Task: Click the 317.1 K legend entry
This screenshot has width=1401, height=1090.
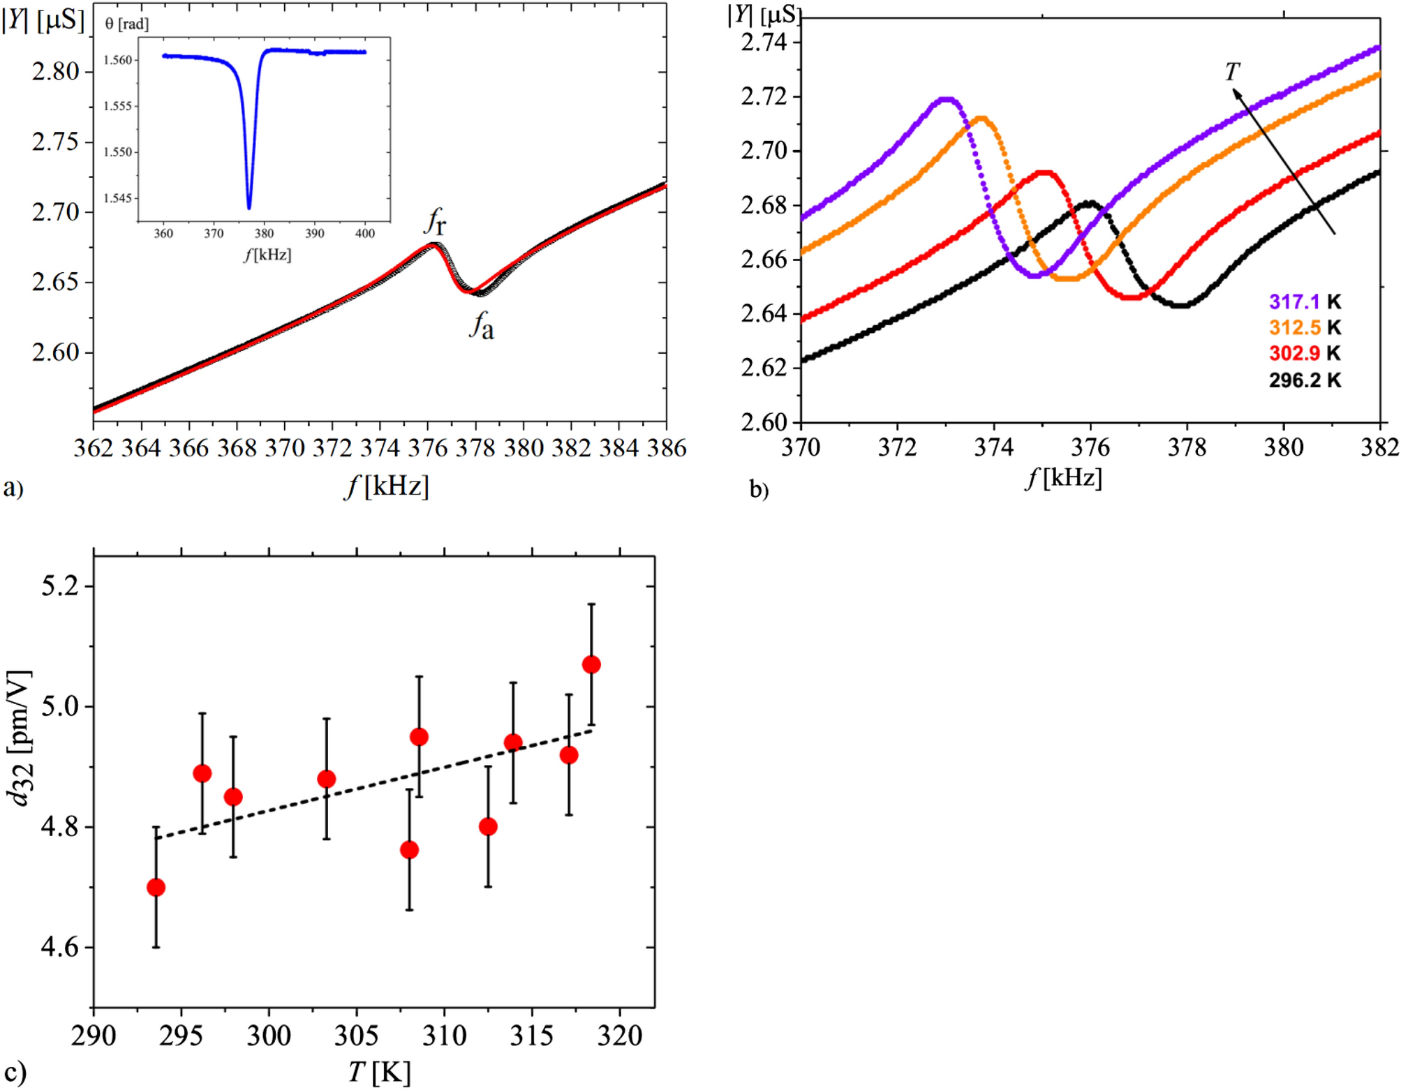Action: click(x=1304, y=301)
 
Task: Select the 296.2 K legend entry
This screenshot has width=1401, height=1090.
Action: click(x=1304, y=380)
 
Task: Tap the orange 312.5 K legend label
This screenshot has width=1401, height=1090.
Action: click(x=1304, y=327)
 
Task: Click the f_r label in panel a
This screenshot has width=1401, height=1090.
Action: click(x=435, y=222)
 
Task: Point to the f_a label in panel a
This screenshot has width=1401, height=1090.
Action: click(x=482, y=325)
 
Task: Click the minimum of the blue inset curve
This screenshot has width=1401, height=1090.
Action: click(x=249, y=207)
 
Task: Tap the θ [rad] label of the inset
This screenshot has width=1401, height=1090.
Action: click(x=126, y=24)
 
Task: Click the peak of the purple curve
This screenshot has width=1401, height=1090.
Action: click(x=946, y=99)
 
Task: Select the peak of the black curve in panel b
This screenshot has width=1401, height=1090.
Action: click(x=1089, y=203)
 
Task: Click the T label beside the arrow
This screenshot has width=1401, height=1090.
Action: click(x=1231, y=71)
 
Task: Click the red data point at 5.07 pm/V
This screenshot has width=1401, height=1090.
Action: click(x=591, y=664)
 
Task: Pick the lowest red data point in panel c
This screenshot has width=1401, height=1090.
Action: click(x=156, y=887)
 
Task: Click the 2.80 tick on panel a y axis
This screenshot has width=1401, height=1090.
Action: click(x=55, y=71)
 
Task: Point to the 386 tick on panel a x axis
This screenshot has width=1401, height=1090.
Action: click(x=666, y=447)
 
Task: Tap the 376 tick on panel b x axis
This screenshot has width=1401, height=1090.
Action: click(x=1090, y=447)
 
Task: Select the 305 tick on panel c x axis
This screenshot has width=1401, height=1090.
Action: click(x=356, y=1035)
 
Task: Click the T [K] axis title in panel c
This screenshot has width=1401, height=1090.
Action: click(x=380, y=1071)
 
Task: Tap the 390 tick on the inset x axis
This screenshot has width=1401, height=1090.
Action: click(x=314, y=233)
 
